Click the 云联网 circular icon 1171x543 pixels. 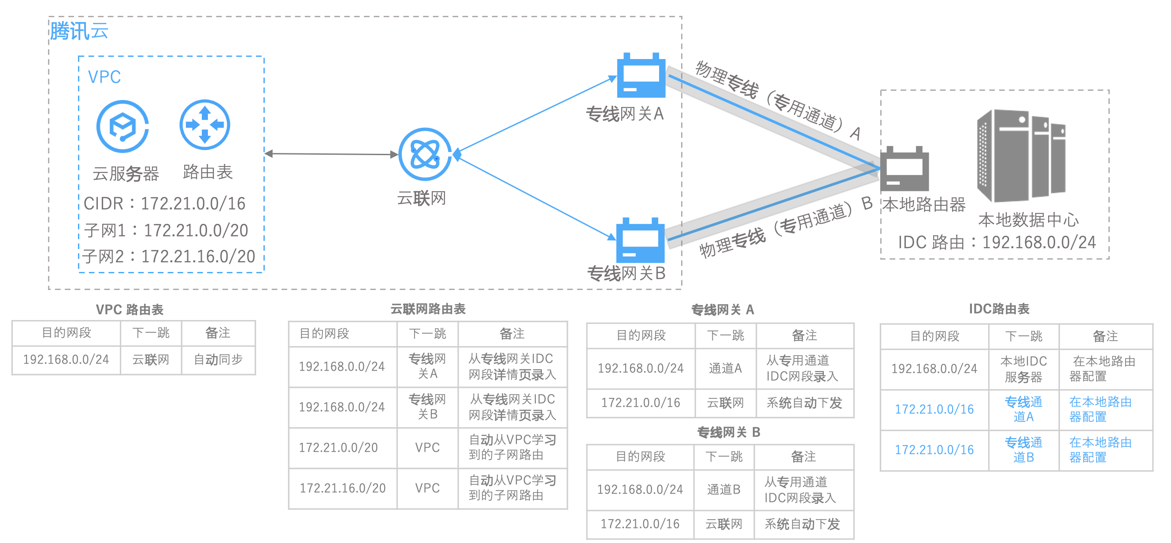[425, 154]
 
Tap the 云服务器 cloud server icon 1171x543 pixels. [122, 126]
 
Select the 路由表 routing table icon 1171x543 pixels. [204, 125]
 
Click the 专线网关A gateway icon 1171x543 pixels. [641, 76]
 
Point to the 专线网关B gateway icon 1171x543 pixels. [640, 241]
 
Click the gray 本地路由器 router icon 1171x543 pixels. [904, 169]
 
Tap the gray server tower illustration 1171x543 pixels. [1020, 155]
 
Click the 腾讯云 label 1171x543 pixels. [79, 31]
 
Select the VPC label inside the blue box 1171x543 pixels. [104, 77]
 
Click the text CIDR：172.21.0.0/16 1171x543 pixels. [165, 203]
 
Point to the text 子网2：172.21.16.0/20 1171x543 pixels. [169, 257]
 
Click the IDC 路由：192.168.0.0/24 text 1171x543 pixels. [997, 242]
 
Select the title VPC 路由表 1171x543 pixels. [130, 310]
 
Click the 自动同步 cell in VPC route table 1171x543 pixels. [218, 360]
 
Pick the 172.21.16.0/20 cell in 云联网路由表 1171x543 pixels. [342, 488]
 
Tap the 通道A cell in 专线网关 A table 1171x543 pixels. [725, 368]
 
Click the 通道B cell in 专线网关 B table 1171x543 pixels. [724, 489]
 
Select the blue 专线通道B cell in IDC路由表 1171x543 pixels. [1023, 450]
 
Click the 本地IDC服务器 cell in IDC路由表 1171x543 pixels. [1023, 369]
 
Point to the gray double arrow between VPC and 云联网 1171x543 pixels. [331, 154]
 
